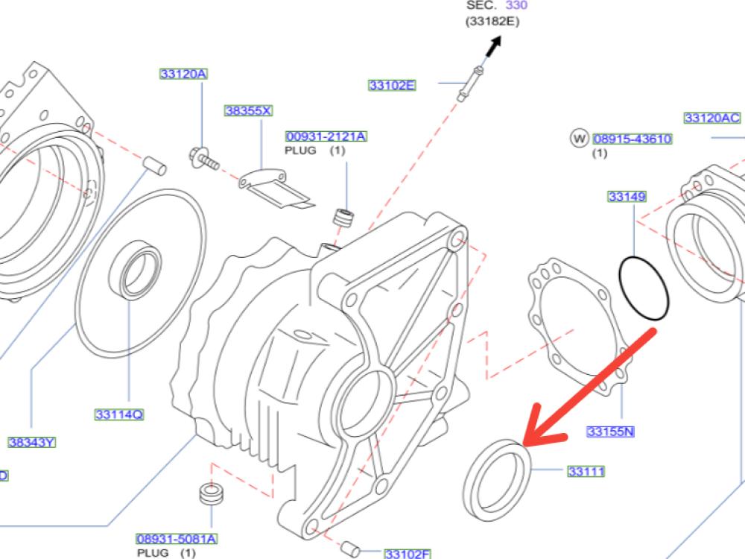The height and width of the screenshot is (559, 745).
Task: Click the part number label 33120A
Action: (x=183, y=74)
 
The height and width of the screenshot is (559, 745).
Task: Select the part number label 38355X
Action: (x=248, y=110)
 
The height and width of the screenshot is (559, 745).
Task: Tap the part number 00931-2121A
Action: (x=326, y=136)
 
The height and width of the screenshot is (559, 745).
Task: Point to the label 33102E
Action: (x=392, y=85)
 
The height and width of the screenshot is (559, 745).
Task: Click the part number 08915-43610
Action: (x=633, y=139)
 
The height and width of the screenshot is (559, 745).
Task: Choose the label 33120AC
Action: (x=712, y=118)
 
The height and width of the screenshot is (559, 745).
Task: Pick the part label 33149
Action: (x=627, y=197)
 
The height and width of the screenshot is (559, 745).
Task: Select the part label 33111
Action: (x=586, y=471)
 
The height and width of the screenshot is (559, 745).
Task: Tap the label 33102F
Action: (x=408, y=553)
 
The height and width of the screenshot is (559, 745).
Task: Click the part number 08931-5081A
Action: (x=176, y=538)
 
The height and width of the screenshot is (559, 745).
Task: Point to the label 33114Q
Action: (x=119, y=414)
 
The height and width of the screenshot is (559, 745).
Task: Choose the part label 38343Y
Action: (x=32, y=442)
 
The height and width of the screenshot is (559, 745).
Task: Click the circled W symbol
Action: (x=579, y=138)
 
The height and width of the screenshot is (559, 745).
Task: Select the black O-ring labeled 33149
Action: (x=644, y=290)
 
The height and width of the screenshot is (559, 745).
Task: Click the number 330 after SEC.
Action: (x=517, y=5)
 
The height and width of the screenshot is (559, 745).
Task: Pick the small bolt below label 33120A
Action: (x=203, y=159)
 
